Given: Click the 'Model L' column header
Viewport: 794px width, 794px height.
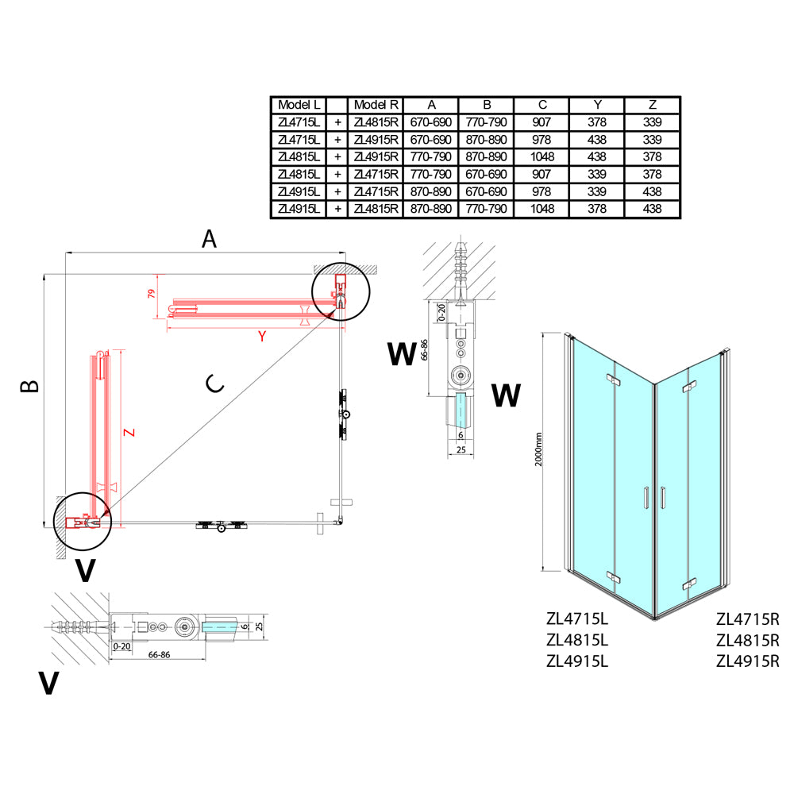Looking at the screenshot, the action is click(x=299, y=105).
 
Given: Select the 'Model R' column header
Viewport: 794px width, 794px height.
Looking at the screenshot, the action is click(x=376, y=105).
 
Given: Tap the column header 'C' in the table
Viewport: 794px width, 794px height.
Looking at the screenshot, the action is click(x=542, y=105).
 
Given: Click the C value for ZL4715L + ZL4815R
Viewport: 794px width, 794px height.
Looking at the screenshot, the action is click(x=542, y=122).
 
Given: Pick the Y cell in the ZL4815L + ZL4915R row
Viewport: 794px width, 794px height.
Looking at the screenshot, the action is click(x=597, y=157).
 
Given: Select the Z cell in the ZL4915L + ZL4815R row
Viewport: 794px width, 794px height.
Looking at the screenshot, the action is click(x=652, y=209).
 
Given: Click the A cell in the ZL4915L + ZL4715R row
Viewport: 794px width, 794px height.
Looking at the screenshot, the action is click(x=431, y=191).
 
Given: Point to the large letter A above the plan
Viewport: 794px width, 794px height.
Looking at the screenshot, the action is click(x=209, y=238).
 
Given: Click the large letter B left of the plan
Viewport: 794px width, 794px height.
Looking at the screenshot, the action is click(x=29, y=387).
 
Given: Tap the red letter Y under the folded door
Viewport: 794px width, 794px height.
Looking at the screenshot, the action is click(x=262, y=336).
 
